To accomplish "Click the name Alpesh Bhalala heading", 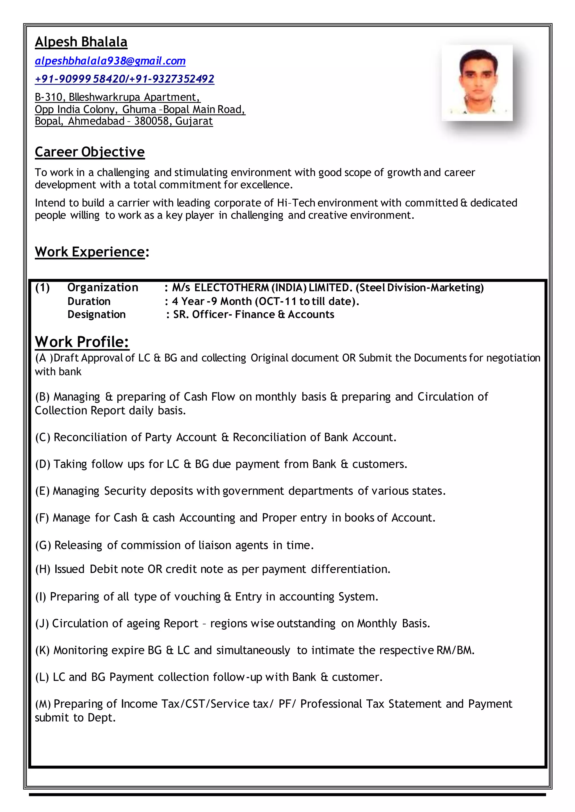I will click(x=81, y=42).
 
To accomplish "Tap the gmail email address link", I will click(x=110, y=61).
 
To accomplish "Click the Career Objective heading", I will click(x=90, y=152).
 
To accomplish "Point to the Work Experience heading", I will click(x=90, y=252).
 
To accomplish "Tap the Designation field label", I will click(x=96, y=315).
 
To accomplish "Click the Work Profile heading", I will click(x=82, y=342).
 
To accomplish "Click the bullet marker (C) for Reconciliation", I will click(x=43, y=437).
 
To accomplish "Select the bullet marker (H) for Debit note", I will click(x=43, y=569).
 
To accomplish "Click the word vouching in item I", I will click(x=198, y=597).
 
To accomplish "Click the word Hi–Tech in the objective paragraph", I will click(x=296, y=203).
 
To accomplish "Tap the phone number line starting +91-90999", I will click(x=124, y=79).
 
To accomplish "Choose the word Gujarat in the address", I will click(x=194, y=121).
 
